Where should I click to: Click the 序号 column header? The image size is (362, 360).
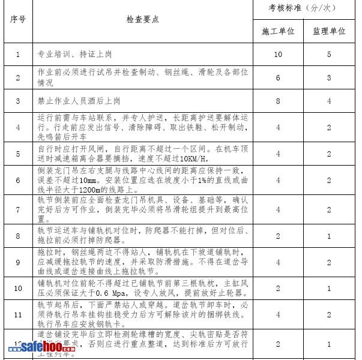click(17, 19)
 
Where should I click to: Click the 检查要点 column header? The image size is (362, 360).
click(142, 19)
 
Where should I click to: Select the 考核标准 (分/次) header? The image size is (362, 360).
click(303, 8)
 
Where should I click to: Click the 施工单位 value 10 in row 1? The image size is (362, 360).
click(278, 55)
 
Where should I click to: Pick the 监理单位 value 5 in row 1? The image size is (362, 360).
click(329, 55)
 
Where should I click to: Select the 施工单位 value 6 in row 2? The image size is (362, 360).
click(278, 77)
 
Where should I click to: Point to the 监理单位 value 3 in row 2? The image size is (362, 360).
click(329, 77)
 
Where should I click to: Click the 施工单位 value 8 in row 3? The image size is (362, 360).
click(278, 101)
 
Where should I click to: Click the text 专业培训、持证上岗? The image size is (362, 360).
click(70, 55)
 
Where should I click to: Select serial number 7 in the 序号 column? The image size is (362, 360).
click(17, 210)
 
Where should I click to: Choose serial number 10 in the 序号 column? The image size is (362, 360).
click(17, 289)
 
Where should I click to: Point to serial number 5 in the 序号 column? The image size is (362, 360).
click(17, 154)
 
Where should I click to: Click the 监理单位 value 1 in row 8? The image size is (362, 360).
click(329, 236)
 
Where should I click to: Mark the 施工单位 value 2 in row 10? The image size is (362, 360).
click(278, 289)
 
